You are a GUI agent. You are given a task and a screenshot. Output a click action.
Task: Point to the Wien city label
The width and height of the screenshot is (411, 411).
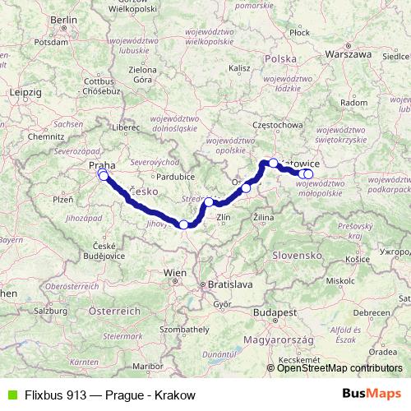[x=174, y=272]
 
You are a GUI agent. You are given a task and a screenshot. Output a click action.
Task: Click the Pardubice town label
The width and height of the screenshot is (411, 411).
[x=176, y=177]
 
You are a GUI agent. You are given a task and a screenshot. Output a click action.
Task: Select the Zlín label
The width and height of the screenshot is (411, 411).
[x=226, y=217]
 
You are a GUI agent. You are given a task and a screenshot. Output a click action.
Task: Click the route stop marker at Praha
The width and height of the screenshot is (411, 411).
[x=103, y=175]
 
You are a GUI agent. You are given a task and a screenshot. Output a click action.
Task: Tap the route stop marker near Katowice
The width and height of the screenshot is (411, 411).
[x=273, y=163]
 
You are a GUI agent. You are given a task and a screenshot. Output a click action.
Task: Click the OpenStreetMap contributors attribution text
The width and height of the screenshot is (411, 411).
[x=339, y=368]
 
